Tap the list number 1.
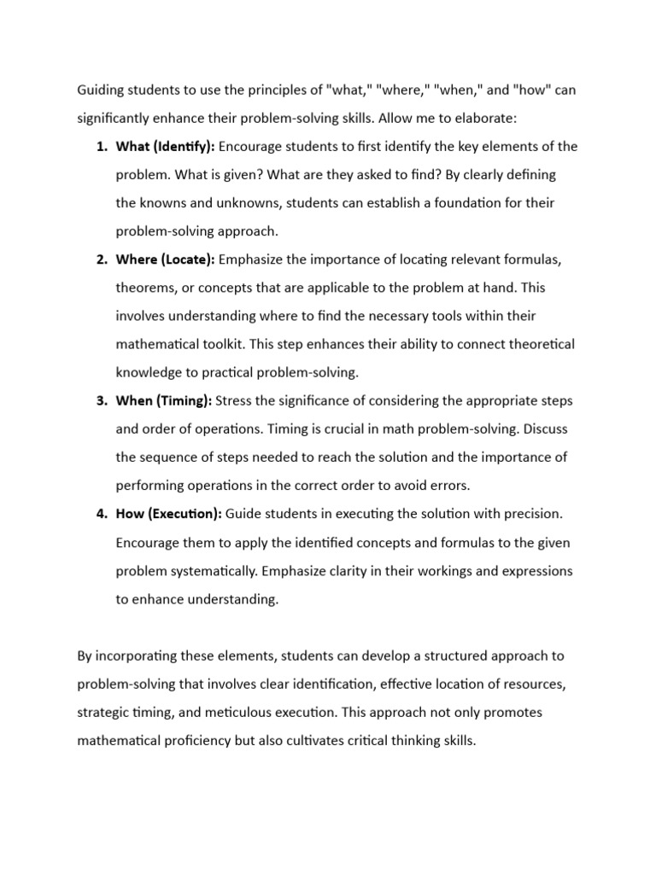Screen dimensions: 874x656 pyautogui.click(x=99, y=146)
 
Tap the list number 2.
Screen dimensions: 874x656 pyautogui.click(x=99, y=259)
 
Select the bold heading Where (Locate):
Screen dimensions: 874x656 pyautogui.click(x=166, y=259)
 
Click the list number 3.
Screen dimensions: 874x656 pyautogui.click(x=99, y=400)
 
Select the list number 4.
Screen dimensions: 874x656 pyautogui.click(x=99, y=514)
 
